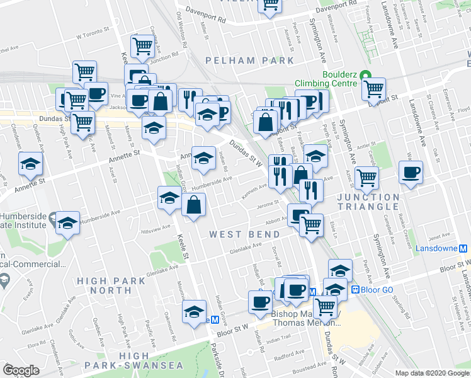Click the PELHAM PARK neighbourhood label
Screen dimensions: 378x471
(250, 60)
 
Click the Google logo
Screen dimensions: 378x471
(21, 370)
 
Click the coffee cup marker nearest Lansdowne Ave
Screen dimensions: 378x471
(411, 172)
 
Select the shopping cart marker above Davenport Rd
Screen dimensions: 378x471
(270, 6)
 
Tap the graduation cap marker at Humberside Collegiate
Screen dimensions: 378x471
(67, 223)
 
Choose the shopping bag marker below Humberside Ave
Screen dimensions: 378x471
(193, 204)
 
